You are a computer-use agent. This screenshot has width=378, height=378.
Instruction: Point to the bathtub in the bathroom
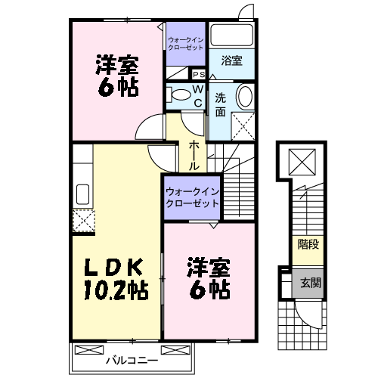[232, 36]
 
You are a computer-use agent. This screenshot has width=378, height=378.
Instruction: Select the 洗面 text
[220, 104]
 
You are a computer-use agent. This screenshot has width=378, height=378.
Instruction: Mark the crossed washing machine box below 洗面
[243, 124]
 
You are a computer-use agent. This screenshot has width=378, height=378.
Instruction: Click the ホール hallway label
[194, 154]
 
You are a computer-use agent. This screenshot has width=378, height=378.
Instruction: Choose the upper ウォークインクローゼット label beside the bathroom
[186, 42]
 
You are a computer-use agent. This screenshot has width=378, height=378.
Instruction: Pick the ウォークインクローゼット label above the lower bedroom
[191, 197]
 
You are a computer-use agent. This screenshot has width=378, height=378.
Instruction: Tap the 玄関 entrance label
[309, 283]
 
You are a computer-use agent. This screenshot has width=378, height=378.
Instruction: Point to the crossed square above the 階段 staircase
[302, 162]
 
